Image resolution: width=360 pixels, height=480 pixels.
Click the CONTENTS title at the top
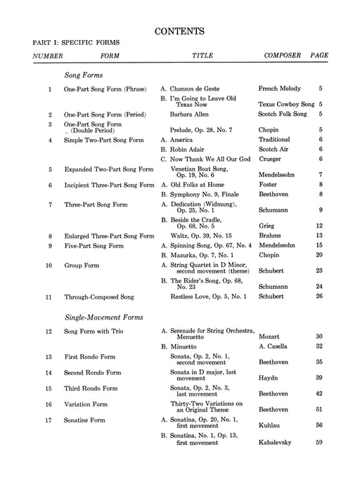click(180, 30)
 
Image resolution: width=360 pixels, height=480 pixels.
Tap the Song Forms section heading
click(84, 74)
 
